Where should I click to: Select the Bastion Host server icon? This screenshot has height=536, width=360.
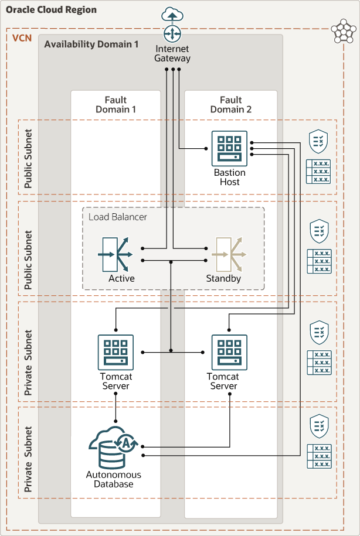click(229, 147)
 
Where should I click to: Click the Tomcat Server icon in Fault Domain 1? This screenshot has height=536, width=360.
click(116, 352)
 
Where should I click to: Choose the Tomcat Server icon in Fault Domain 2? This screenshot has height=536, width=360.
click(229, 352)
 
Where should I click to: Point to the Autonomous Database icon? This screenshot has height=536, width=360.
click(113, 448)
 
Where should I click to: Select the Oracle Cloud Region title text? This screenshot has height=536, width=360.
click(52, 10)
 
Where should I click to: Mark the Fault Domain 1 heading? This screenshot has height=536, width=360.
click(116, 104)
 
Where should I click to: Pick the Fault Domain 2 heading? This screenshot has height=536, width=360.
click(230, 104)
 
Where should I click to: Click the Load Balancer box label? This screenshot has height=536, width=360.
click(118, 217)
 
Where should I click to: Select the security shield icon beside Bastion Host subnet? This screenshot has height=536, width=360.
click(318, 141)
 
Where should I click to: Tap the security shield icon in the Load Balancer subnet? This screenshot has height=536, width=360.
click(318, 231)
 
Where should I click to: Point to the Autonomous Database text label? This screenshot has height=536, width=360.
click(114, 479)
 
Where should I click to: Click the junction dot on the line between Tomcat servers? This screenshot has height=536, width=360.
click(171, 351)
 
